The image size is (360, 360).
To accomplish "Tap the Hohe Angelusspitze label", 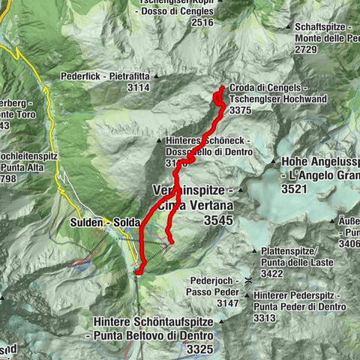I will [x=319, y=161].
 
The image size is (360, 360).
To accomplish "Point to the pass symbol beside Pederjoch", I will [x=248, y=280].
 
